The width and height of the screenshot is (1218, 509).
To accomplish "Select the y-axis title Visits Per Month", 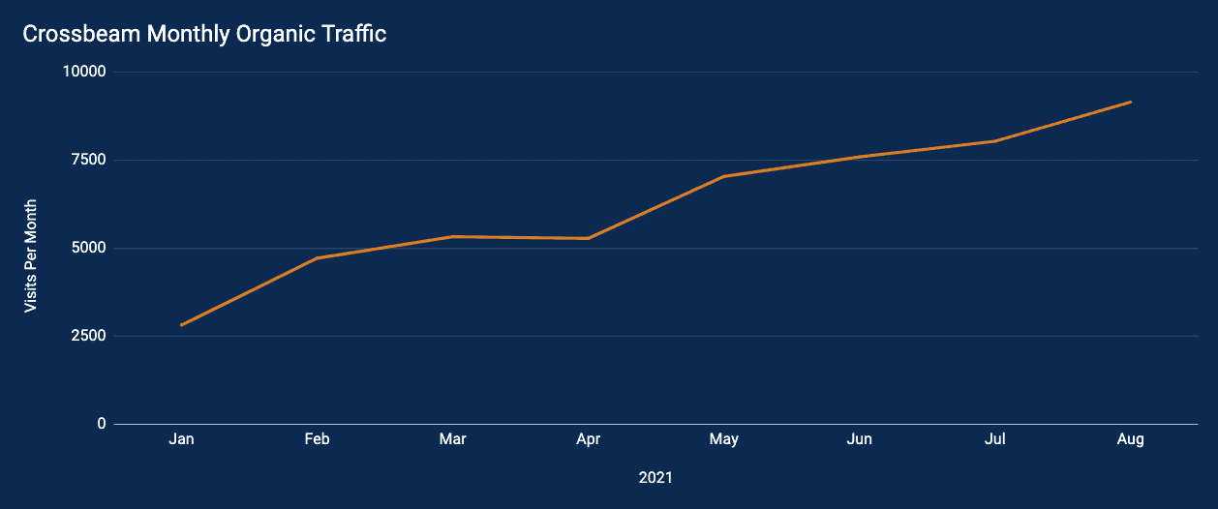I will tap(31, 255).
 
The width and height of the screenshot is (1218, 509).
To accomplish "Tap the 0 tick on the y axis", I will tap(102, 424).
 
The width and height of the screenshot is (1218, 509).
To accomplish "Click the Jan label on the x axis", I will tap(181, 439).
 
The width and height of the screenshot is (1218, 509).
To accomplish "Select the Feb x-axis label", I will tap(317, 439).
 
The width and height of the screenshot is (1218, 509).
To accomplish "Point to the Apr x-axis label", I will tap(588, 439).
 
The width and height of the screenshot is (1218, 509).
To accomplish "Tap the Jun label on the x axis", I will tap(859, 439).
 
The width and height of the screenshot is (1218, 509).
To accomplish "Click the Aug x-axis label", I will tap(1130, 439).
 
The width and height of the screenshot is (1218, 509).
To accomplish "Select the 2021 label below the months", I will tap(655, 478).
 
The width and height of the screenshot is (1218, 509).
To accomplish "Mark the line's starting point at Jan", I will tap(181, 325).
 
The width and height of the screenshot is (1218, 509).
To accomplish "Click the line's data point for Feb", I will tap(317, 258).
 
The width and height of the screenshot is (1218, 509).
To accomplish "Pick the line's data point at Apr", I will tap(588, 238).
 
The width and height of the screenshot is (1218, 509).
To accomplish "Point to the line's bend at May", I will tap(723, 176).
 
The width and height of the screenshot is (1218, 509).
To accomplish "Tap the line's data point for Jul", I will tap(994, 141).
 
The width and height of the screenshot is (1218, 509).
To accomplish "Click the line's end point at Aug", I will tap(1130, 102).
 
